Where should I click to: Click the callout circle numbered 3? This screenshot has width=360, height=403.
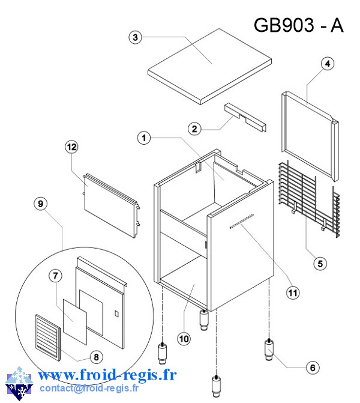pyautogui.click(x=136, y=37)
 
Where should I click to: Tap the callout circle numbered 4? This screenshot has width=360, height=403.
pyautogui.click(x=327, y=64)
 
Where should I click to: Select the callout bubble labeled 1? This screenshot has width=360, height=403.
pyautogui.click(x=143, y=138)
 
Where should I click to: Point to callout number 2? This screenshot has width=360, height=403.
pyautogui.click(x=194, y=128)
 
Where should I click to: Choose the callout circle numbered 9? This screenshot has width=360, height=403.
pyautogui.click(x=40, y=204)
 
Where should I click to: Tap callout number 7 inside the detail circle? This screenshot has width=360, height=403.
pyautogui.click(x=55, y=276)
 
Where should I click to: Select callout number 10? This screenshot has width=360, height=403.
pyautogui.click(x=184, y=339)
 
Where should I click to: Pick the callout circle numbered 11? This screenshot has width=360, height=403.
pyautogui.click(x=292, y=293)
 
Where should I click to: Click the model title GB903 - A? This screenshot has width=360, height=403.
pyautogui.click(x=298, y=25)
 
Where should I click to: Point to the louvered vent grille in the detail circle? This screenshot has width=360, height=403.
pyautogui.click(x=46, y=338)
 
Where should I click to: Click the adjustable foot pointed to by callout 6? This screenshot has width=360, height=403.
pyautogui.click(x=269, y=350)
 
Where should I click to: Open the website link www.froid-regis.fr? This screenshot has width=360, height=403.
pyautogui.click(x=107, y=375)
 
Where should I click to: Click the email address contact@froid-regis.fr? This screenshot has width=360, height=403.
pyautogui.click(x=88, y=389)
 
